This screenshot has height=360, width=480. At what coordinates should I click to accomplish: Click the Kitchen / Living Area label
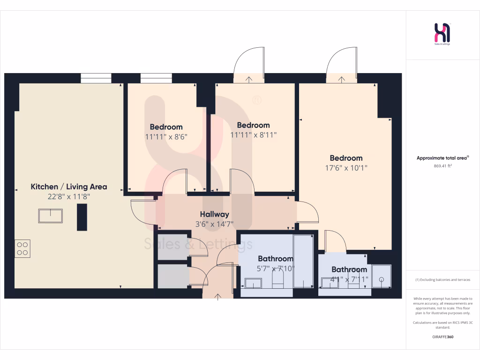pyautogui.click(x=69, y=187)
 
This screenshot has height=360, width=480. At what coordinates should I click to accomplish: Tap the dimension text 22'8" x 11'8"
pyautogui.click(x=69, y=197)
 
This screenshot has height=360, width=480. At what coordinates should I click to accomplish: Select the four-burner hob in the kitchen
pyautogui.click(x=22, y=248)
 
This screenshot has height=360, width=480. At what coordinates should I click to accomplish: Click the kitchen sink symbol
pyautogui.click(x=51, y=216)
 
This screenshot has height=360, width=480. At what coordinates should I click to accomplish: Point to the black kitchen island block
pyautogui.click(x=82, y=217)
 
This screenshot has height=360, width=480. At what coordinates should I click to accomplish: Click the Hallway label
pyautogui.click(x=214, y=214)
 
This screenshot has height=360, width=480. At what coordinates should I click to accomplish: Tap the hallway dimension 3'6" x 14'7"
pyautogui.click(x=214, y=224)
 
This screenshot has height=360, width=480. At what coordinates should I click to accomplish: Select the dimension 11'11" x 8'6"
pyautogui.click(x=166, y=137)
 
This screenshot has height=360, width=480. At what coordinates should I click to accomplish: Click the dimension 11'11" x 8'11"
pyautogui.click(x=253, y=135)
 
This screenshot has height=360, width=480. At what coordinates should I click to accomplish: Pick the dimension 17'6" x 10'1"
pyautogui.click(x=346, y=168)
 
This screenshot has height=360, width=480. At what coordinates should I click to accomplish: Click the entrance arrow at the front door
pyautogui.click(x=218, y=296)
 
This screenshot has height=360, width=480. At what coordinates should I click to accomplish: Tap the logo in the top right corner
pyautogui.click(x=442, y=34)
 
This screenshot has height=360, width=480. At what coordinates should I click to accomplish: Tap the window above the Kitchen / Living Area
pyautogui.click(x=96, y=78)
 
